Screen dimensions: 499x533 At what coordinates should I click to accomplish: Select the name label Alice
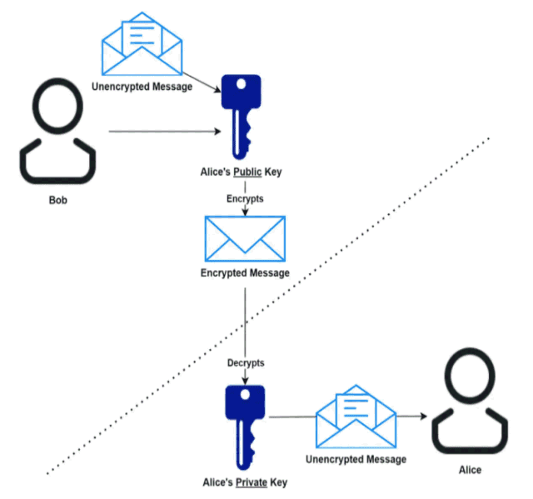[471, 471]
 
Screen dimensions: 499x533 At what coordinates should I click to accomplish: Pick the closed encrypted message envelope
[246, 237]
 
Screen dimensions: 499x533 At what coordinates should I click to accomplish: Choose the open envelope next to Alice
[356, 417]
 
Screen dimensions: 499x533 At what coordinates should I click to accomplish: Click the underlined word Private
[252, 482]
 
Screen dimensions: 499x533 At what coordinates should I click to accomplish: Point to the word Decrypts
[246, 363]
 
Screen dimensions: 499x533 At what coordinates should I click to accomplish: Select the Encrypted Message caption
[245, 273]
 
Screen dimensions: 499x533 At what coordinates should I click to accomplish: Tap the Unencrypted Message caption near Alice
[356, 459]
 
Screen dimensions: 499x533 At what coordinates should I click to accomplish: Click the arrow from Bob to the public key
[162, 131]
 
